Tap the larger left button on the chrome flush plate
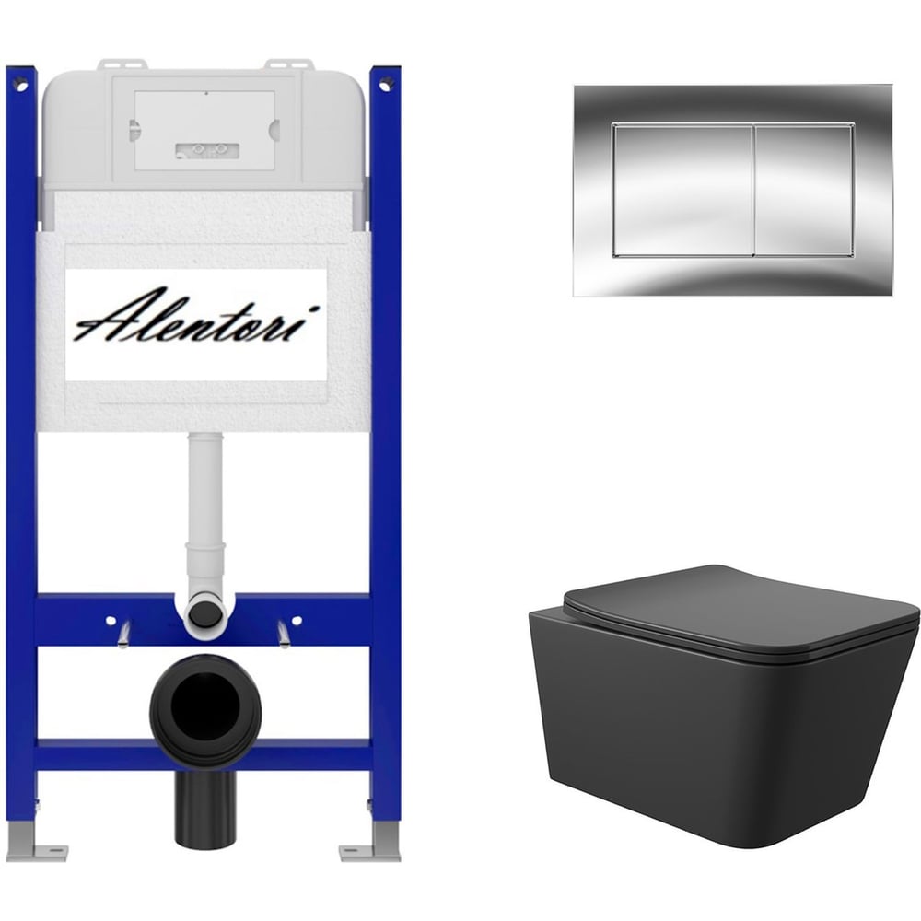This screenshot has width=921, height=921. click(x=682, y=191)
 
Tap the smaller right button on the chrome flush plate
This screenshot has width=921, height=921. click(x=803, y=191)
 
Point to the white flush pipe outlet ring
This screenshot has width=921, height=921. click(x=205, y=614)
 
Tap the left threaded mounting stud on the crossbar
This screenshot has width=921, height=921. click(x=124, y=634)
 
